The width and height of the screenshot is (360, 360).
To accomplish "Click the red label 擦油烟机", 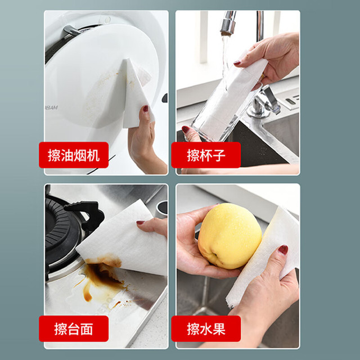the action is tap(74, 155).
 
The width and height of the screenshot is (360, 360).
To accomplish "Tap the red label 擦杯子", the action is tap(206, 155).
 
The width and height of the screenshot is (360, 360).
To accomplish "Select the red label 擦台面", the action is tap(74, 328).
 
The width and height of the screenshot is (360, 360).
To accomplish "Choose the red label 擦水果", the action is tap(206, 328).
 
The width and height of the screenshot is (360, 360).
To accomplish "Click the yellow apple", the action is tap(229, 236).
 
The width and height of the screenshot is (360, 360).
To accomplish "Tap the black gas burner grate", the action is tap(69, 232).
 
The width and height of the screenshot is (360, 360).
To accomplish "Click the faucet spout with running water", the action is tap(228, 23).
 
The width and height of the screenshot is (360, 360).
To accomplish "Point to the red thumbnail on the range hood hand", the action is tap(146, 109).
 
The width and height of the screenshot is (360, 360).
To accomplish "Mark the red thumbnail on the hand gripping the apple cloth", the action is tap(283, 250).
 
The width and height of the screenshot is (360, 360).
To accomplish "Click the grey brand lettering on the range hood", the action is tap(51, 107).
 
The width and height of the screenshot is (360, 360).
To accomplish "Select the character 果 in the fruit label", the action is tap(219, 328).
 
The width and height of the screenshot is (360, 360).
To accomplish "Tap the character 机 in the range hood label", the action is tap(93, 155).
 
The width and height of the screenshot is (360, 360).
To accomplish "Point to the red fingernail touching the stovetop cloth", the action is tap(140, 222).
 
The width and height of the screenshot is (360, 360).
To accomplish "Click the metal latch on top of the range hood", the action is tap(71, 30).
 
